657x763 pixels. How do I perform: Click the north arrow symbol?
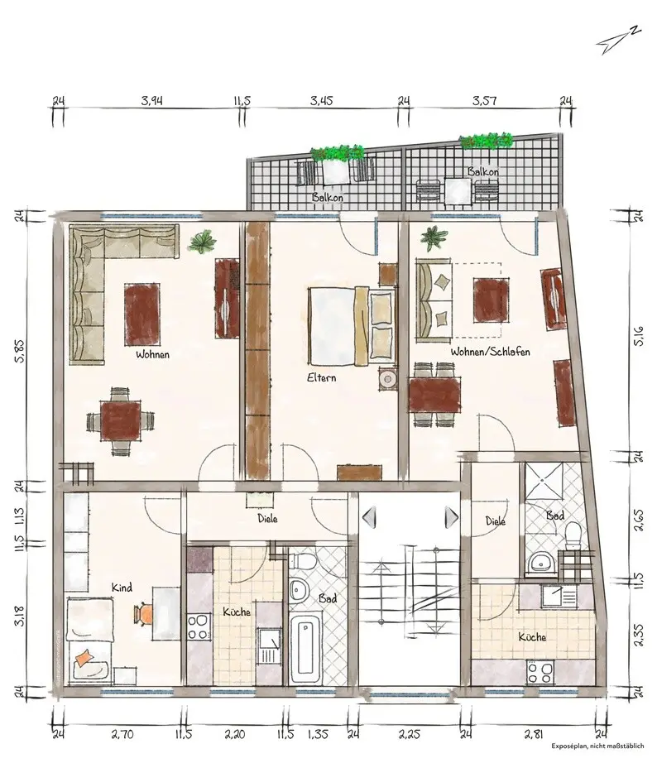click(x=618, y=40)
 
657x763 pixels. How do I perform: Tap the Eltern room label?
click(x=321, y=377)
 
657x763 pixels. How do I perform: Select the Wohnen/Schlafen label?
click(x=490, y=352)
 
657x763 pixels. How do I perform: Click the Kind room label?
click(x=122, y=588)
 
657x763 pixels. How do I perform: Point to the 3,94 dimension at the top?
click(x=152, y=101)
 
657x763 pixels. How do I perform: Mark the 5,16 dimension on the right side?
click(x=639, y=336)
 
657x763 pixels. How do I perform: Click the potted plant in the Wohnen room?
click(x=202, y=242)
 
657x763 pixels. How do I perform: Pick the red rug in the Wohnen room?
click(x=142, y=308)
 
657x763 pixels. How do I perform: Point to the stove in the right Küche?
click(x=540, y=673)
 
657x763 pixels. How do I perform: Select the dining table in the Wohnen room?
click(x=120, y=420)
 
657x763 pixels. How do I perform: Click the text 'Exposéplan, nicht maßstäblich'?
click(x=597, y=746)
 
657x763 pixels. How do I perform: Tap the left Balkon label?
click(x=327, y=197)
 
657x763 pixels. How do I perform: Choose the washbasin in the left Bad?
click(x=297, y=590)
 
